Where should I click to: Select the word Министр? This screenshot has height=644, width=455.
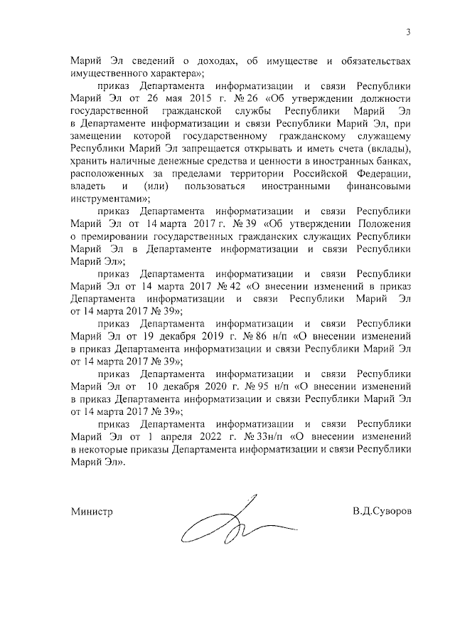coord(92,511)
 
